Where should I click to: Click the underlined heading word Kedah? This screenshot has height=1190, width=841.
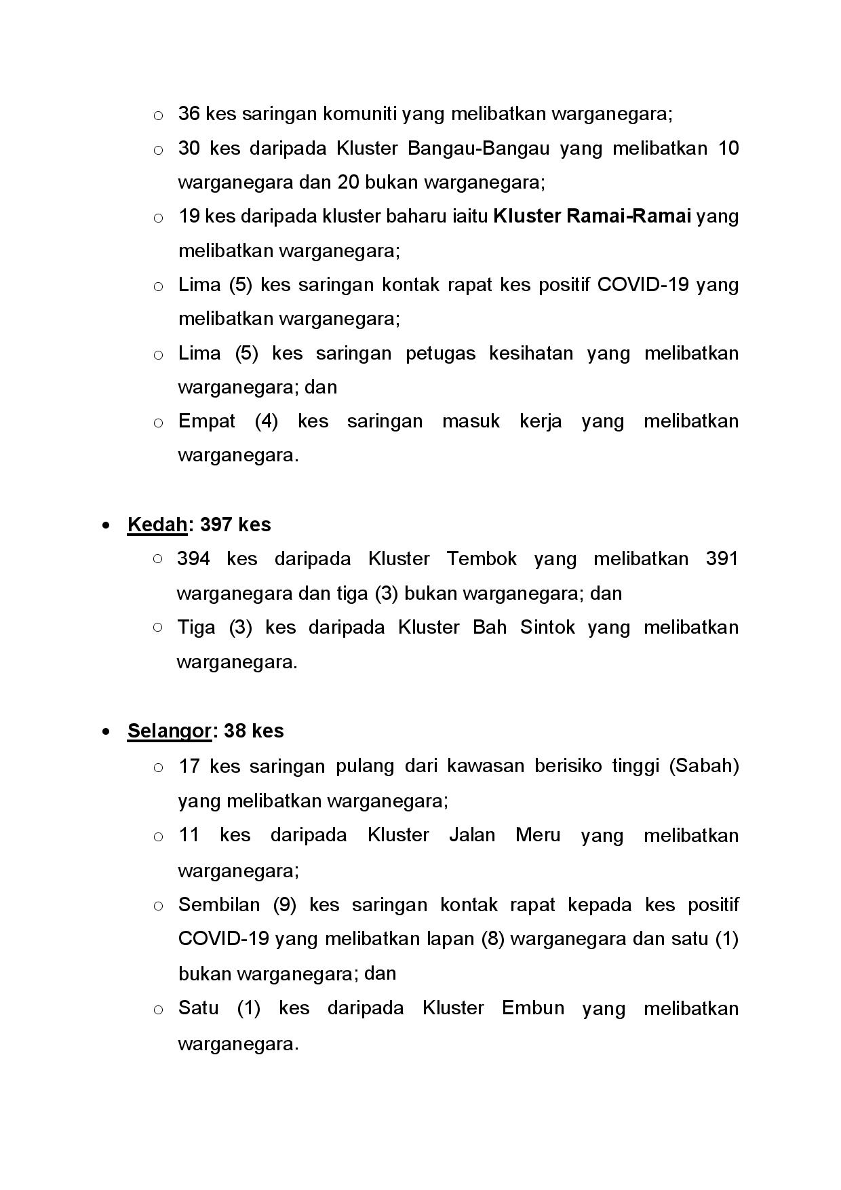[x=157, y=524]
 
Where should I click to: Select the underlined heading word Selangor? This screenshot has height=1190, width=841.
[x=169, y=731]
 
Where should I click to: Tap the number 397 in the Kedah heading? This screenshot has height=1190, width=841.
[x=216, y=524]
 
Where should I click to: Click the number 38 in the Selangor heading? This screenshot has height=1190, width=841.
[x=234, y=731]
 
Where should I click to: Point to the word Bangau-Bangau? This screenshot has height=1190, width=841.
[x=478, y=148]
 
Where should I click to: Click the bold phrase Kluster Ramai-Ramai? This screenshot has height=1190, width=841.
[x=592, y=216]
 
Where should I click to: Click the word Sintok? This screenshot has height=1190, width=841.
[x=547, y=627]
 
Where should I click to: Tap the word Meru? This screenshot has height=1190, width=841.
[x=538, y=834]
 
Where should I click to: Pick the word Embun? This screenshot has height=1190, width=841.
[x=533, y=1007]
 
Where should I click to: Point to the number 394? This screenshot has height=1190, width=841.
[x=193, y=559]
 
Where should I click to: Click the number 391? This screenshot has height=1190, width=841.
[x=722, y=559]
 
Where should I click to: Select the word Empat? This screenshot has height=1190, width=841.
[x=206, y=421]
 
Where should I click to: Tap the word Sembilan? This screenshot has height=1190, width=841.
[x=218, y=905]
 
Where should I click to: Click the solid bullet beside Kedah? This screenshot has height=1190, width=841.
[x=106, y=525]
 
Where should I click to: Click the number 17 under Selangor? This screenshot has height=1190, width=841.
[x=189, y=766]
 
